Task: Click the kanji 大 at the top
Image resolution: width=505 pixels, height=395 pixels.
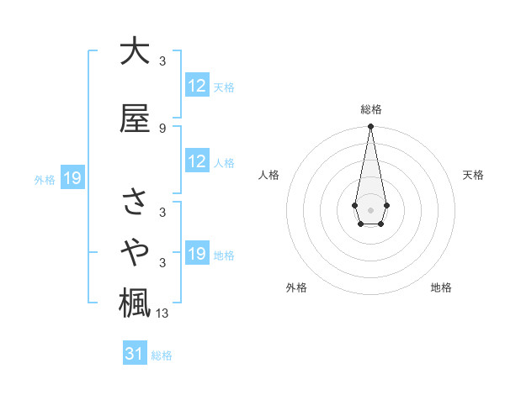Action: click(x=134, y=50)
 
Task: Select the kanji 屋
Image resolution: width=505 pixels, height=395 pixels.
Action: click(x=134, y=118)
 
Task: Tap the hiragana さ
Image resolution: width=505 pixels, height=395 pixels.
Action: click(x=134, y=203)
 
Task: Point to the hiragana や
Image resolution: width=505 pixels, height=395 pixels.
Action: click(x=134, y=251)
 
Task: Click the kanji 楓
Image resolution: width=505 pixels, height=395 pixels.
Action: click(x=134, y=303)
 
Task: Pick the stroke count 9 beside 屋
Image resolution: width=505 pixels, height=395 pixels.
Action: click(x=162, y=129)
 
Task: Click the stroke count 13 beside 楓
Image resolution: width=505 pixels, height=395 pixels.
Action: click(x=163, y=313)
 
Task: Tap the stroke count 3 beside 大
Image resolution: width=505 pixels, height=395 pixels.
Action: click(x=162, y=61)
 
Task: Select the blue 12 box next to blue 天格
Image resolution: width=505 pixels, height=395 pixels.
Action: click(x=197, y=86)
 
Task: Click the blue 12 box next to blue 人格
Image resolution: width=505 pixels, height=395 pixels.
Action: click(x=197, y=161)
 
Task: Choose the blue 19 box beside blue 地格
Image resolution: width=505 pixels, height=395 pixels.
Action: click(x=197, y=254)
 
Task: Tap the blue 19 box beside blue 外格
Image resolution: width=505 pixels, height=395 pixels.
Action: click(x=72, y=178)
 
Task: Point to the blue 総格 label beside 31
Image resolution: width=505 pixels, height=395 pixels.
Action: click(x=162, y=355)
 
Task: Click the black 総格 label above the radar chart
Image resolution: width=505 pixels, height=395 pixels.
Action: click(x=371, y=109)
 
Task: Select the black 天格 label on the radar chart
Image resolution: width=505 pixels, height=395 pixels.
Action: click(x=473, y=175)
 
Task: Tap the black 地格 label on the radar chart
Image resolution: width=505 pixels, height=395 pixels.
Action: click(x=441, y=287)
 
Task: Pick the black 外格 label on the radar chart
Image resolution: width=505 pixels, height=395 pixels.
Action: click(x=296, y=287)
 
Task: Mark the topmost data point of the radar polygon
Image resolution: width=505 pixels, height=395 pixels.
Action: click(x=370, y=126)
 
